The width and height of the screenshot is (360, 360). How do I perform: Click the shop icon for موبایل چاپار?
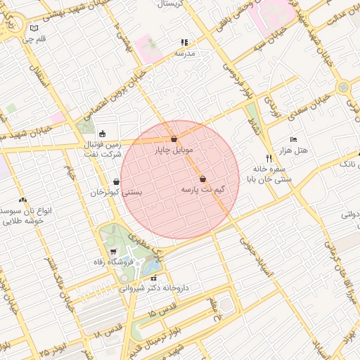click(x=174, y=139)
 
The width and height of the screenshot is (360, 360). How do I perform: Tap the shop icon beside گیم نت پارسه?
click(x=203, y=179)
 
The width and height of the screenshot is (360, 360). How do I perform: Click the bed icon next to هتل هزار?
click(x=294, y=140)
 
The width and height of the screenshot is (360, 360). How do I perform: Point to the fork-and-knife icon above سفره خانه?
click(x=269, y=159)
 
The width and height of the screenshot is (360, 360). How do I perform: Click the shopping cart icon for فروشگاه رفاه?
click(x=113, y=251)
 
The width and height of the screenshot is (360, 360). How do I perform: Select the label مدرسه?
click(x=184, y=53)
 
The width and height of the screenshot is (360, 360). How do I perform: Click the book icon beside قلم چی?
click(x=34, y=28)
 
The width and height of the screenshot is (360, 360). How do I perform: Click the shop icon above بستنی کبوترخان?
click(x=116, y=181)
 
